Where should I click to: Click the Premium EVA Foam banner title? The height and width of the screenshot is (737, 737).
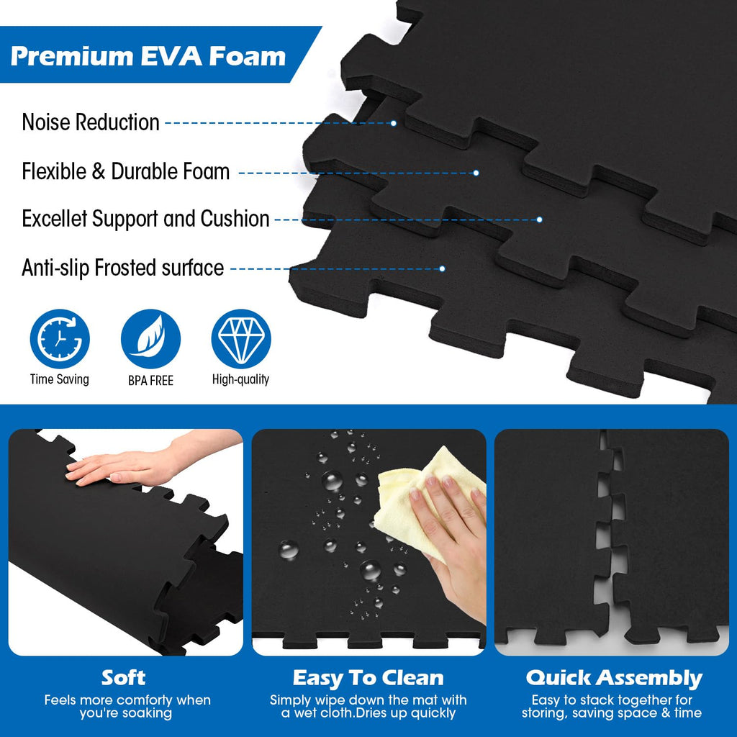tap(148, 56)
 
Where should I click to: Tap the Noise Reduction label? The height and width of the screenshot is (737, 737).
tap(91, 122)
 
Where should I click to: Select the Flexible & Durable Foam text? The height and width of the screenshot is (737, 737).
tap(125, 171)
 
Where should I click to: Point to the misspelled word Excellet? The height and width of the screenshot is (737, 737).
tap(55, 219)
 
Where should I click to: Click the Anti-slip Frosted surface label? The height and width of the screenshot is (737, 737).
tap(122, 268)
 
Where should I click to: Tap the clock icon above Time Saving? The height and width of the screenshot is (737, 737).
tap(60, 338)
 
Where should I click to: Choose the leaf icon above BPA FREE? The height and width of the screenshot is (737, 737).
tap(150, 338)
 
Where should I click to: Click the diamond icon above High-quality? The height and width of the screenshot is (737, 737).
tap(241, 338)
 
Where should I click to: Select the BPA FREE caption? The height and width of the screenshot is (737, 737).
tap(150, 380)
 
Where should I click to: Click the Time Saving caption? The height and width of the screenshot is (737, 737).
tap(60, 379)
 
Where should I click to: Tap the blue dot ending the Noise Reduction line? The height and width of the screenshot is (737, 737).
tap(394, 123)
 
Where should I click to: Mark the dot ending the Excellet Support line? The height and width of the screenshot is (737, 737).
tap(539, 220)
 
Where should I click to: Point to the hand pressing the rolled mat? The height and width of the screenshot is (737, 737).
tap(141, 463)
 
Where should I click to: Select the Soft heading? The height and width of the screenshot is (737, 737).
tap(124, 678)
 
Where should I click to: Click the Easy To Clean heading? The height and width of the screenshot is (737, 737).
tap(368, 678)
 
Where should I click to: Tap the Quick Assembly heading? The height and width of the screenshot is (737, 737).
tap(614, 679)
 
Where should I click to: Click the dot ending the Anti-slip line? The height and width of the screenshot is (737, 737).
tap(442, 269)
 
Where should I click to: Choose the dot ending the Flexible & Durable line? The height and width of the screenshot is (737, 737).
tap(476, 173)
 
